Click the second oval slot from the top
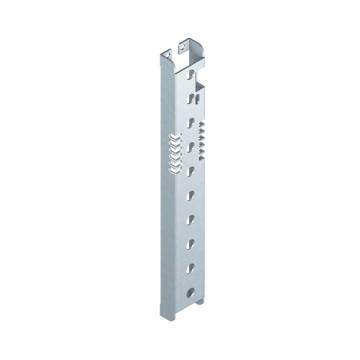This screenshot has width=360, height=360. (189, 97)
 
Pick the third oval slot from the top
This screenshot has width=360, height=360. (190, 121)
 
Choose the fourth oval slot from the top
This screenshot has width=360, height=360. (190, 146)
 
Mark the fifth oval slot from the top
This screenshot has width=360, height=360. (190, 170)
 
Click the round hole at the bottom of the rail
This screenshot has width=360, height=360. (190, 292)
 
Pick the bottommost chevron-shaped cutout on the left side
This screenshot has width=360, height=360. (173, 166)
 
